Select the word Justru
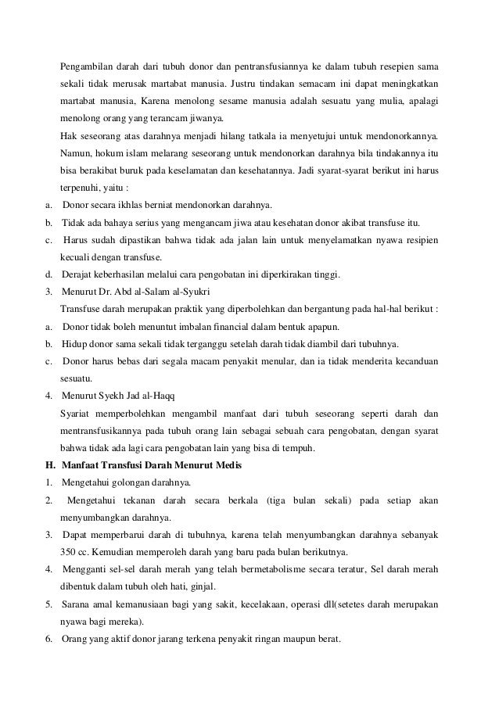(248, 84)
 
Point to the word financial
(242, 326)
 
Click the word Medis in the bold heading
(228, 467)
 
